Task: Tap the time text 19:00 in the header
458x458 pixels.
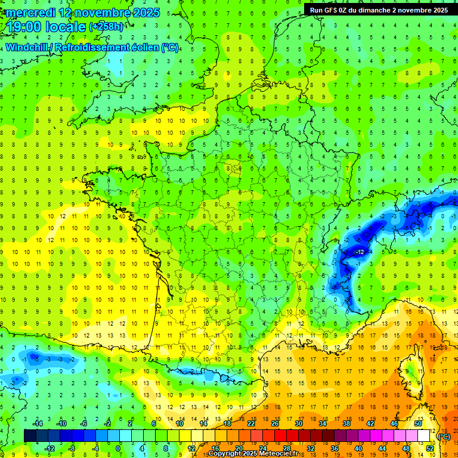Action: pos(26,27)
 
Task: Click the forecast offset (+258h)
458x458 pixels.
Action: pos(107,27)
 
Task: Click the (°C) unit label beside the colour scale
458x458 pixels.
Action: pos(444,437)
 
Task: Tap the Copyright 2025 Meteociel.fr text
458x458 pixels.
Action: pos(253,454)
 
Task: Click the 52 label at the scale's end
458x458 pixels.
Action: pos(429,448)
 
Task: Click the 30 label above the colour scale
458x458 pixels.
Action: pos(298,423)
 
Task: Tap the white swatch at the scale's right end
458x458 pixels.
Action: pos(424,436)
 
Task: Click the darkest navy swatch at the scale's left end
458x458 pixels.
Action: pos(30,436)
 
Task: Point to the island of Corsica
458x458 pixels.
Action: pos(410,370)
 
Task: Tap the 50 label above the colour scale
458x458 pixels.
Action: pos(417,423)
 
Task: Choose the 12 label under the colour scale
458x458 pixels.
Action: pos(191,448)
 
